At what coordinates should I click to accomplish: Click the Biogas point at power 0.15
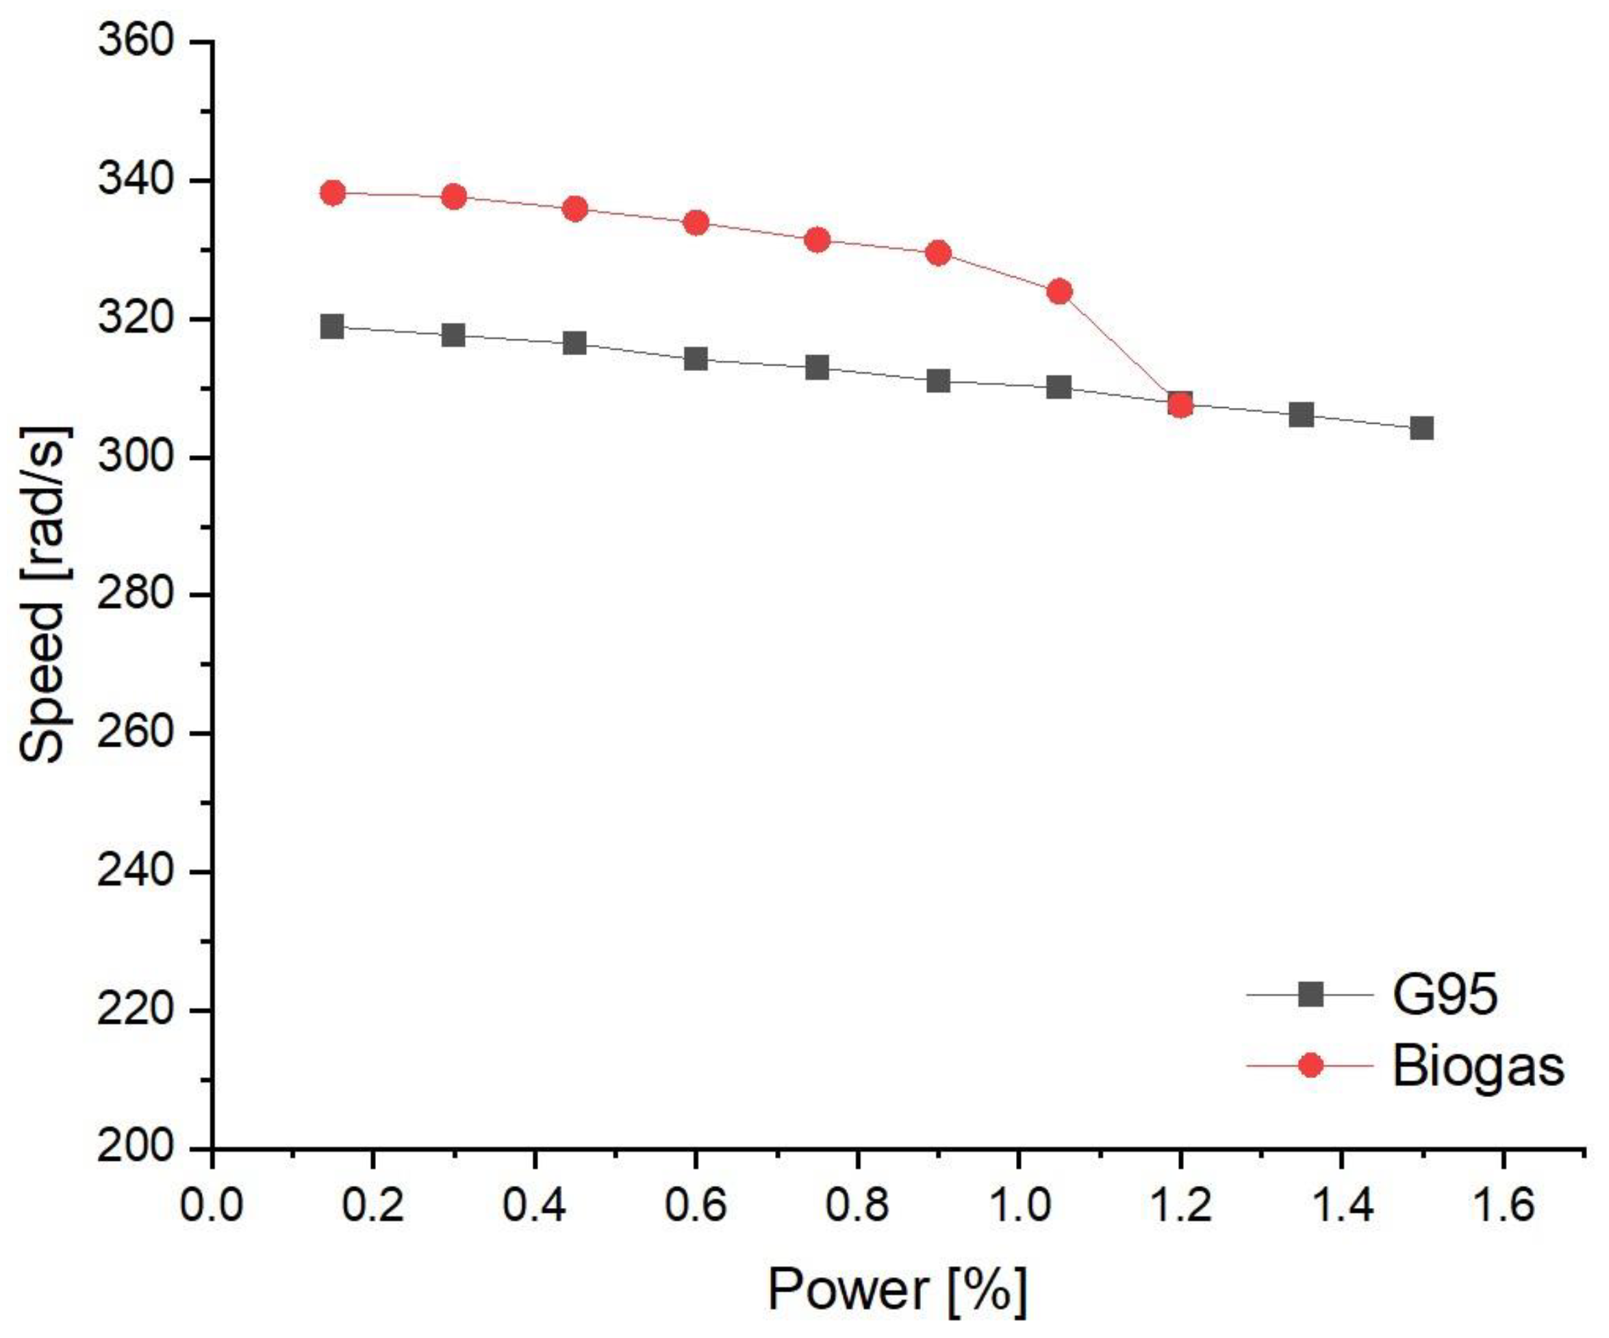click(x=333, y=192)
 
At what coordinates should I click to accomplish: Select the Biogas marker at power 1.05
click(x=1060, y=291)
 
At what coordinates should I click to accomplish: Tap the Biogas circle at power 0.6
click(x=696, y=223)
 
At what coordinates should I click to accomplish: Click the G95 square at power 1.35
click(x=1301, y=415)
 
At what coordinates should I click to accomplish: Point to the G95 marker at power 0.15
click(x=333, y=326)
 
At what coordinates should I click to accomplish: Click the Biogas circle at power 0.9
click(x=939, y=253)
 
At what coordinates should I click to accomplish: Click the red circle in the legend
click(x=1312, y=1066)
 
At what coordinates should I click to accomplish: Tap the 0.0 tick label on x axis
click(x=212, y=1203)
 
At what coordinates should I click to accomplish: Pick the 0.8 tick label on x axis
click(x=857, y=1203)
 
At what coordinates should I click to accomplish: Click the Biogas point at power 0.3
click(x=453, y=197)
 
